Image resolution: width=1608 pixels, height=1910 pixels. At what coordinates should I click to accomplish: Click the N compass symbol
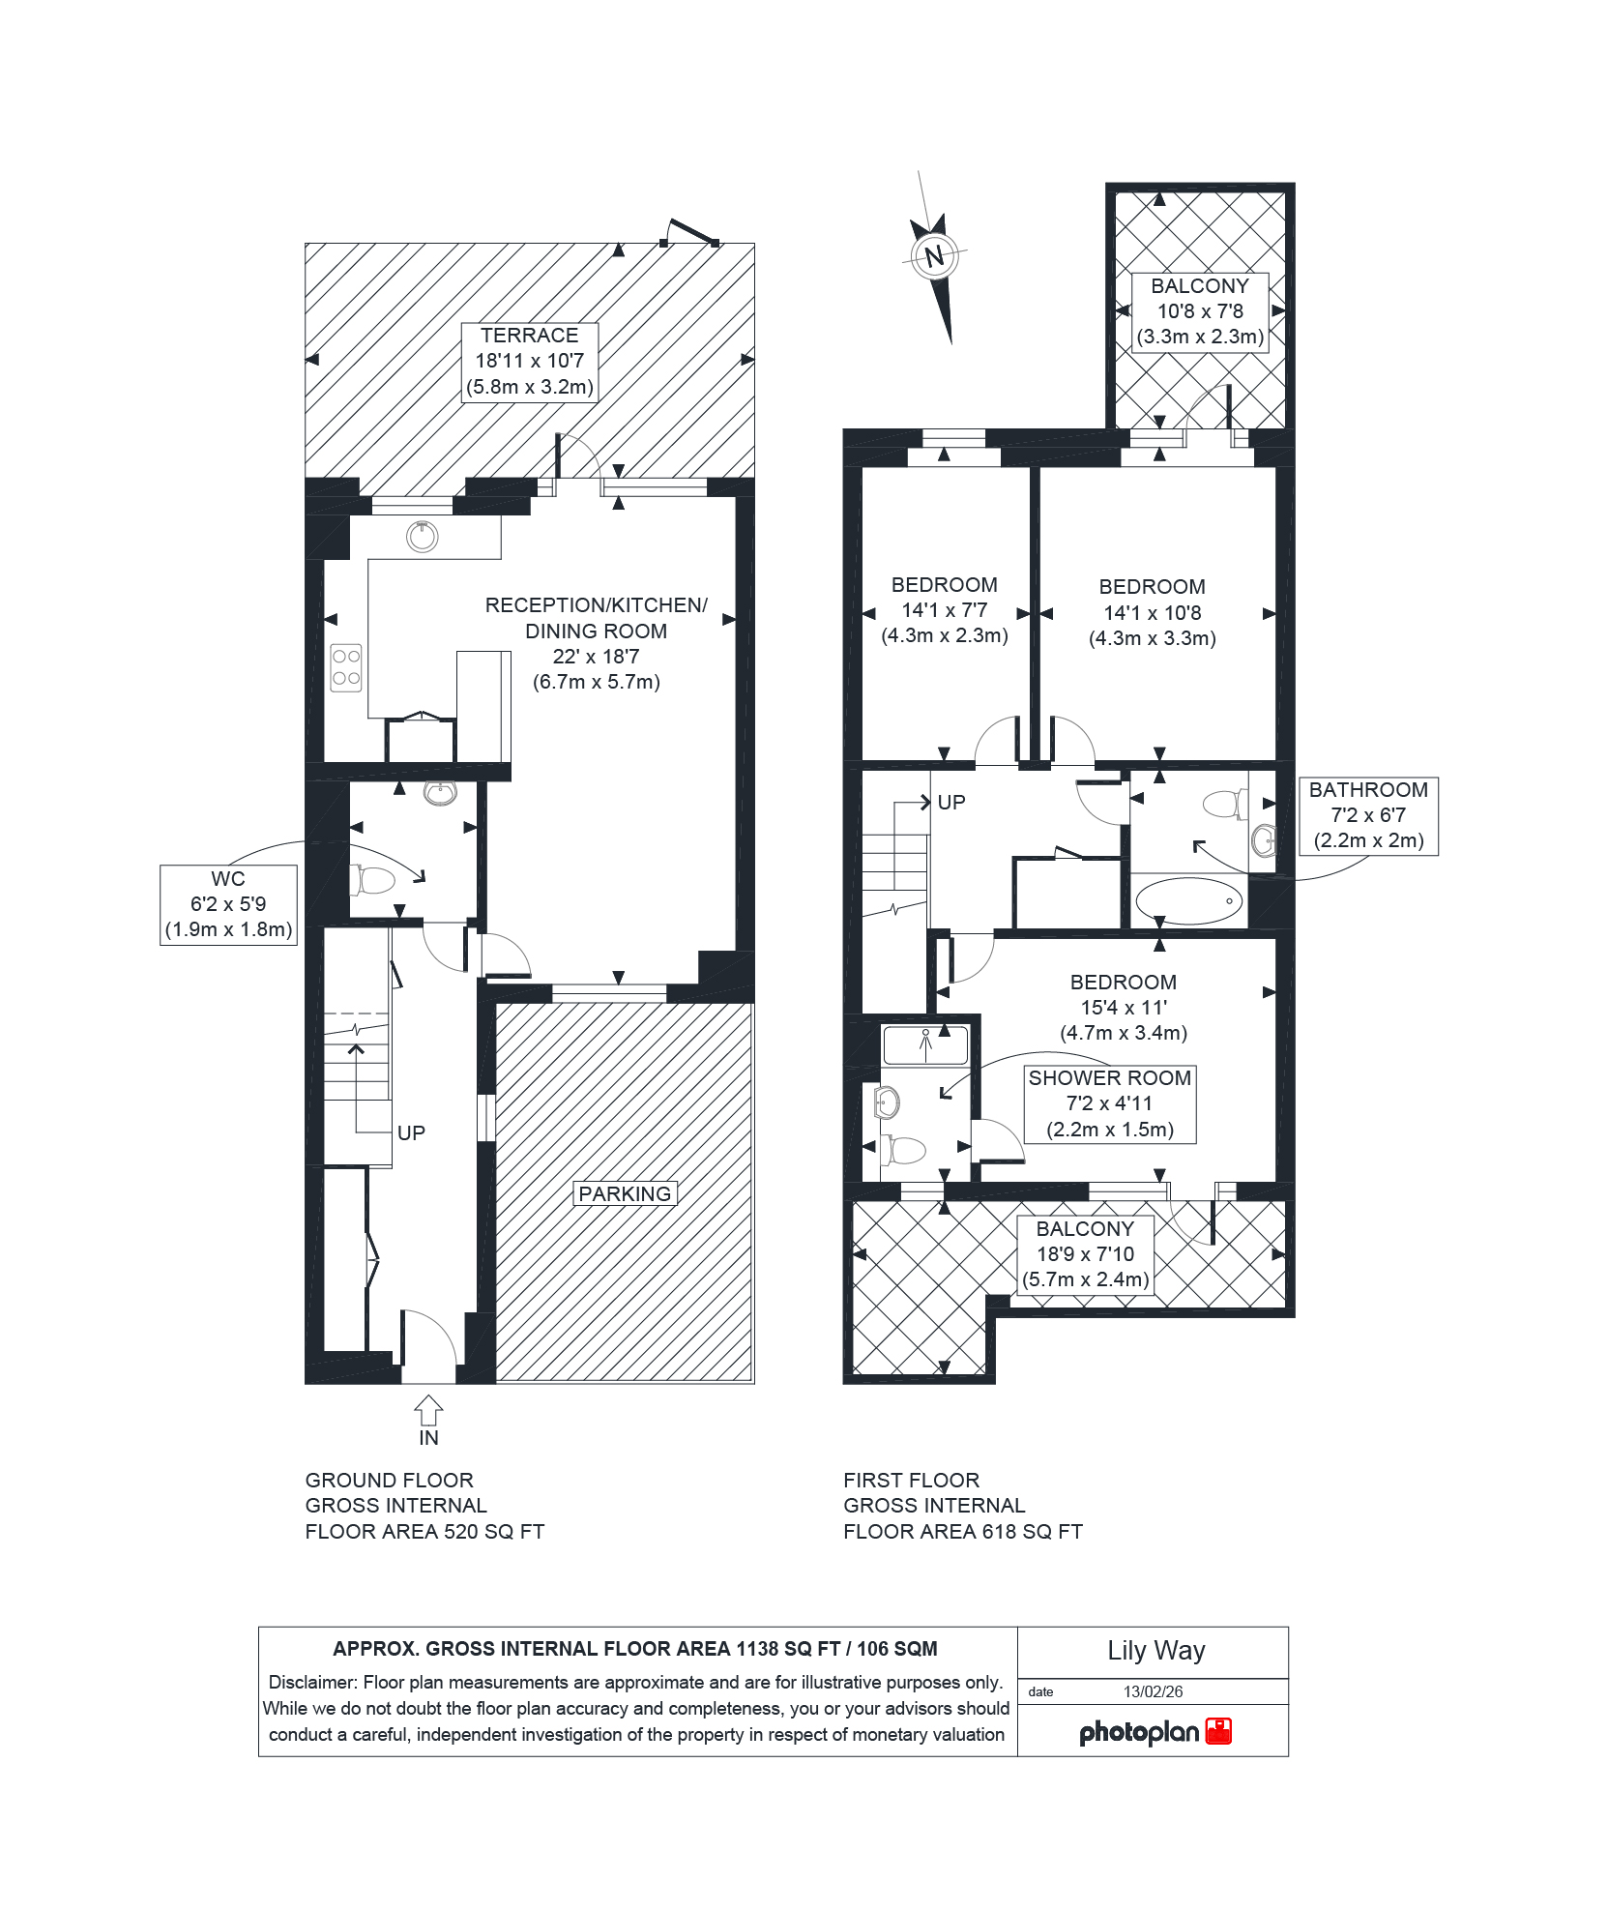click(x=934, y=256)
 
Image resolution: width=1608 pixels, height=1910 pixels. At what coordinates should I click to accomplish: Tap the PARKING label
click(x=625, y=1193)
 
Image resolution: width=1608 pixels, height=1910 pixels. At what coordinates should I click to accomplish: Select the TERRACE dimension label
click(x=530, y=362)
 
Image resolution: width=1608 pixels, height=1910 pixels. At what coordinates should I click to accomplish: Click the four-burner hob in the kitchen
click(x=346, y=667)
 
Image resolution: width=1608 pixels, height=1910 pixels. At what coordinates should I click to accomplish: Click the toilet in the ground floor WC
click(x=372, y=880)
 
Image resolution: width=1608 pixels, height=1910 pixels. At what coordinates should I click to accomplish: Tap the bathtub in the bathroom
click(x=1188, y=900)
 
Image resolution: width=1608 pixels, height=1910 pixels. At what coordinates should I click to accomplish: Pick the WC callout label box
click(x=228, y=905)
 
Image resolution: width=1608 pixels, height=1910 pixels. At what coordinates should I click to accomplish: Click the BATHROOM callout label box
click(x=1368, y=815)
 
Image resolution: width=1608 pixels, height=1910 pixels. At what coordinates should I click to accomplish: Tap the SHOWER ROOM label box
click(x=1110, y=1103)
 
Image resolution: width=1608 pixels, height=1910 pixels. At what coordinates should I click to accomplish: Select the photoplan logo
click(x=1155, y=1731)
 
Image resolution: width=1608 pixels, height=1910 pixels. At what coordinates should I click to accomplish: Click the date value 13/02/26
click(x=1153, y=1691)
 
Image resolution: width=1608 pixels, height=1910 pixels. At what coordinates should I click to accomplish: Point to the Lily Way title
click(x=1156, y=1651)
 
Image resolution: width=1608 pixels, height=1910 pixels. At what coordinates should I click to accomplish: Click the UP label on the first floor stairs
click(x=951, y=802)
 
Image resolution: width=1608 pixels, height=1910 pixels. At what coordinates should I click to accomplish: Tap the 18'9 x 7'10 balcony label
click(x=1086, y=1254)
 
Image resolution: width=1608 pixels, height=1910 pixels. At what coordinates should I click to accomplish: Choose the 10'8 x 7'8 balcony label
click(x=1200, y=311)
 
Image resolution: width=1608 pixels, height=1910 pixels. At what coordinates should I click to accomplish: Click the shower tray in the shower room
click(x=925, y=1045)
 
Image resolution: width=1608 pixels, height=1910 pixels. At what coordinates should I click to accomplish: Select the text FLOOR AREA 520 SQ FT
click(x=424, y=1531)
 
